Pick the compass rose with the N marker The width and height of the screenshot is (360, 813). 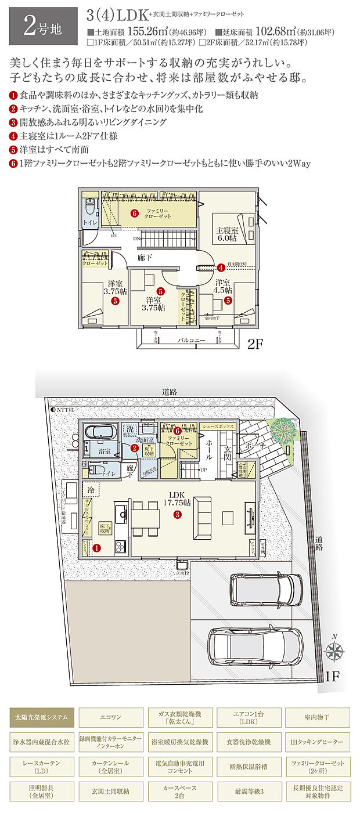[x=334, y=650]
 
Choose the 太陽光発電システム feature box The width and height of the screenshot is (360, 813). [x=42, y=717]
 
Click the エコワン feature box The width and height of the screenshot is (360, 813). [x=110, y=717]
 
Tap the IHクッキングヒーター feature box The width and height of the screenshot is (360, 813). [x=316, y=742]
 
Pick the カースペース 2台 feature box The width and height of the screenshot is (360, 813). [x=179, y=791]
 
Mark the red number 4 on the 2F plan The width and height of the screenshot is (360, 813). [x=221, y=268]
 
